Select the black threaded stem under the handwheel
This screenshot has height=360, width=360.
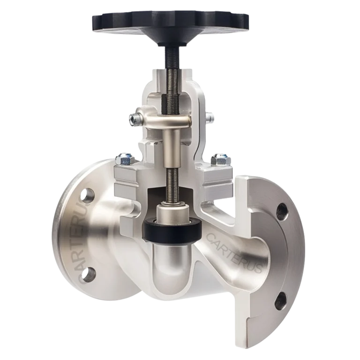[171, 59]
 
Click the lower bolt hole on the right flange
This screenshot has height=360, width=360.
[282, 298]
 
